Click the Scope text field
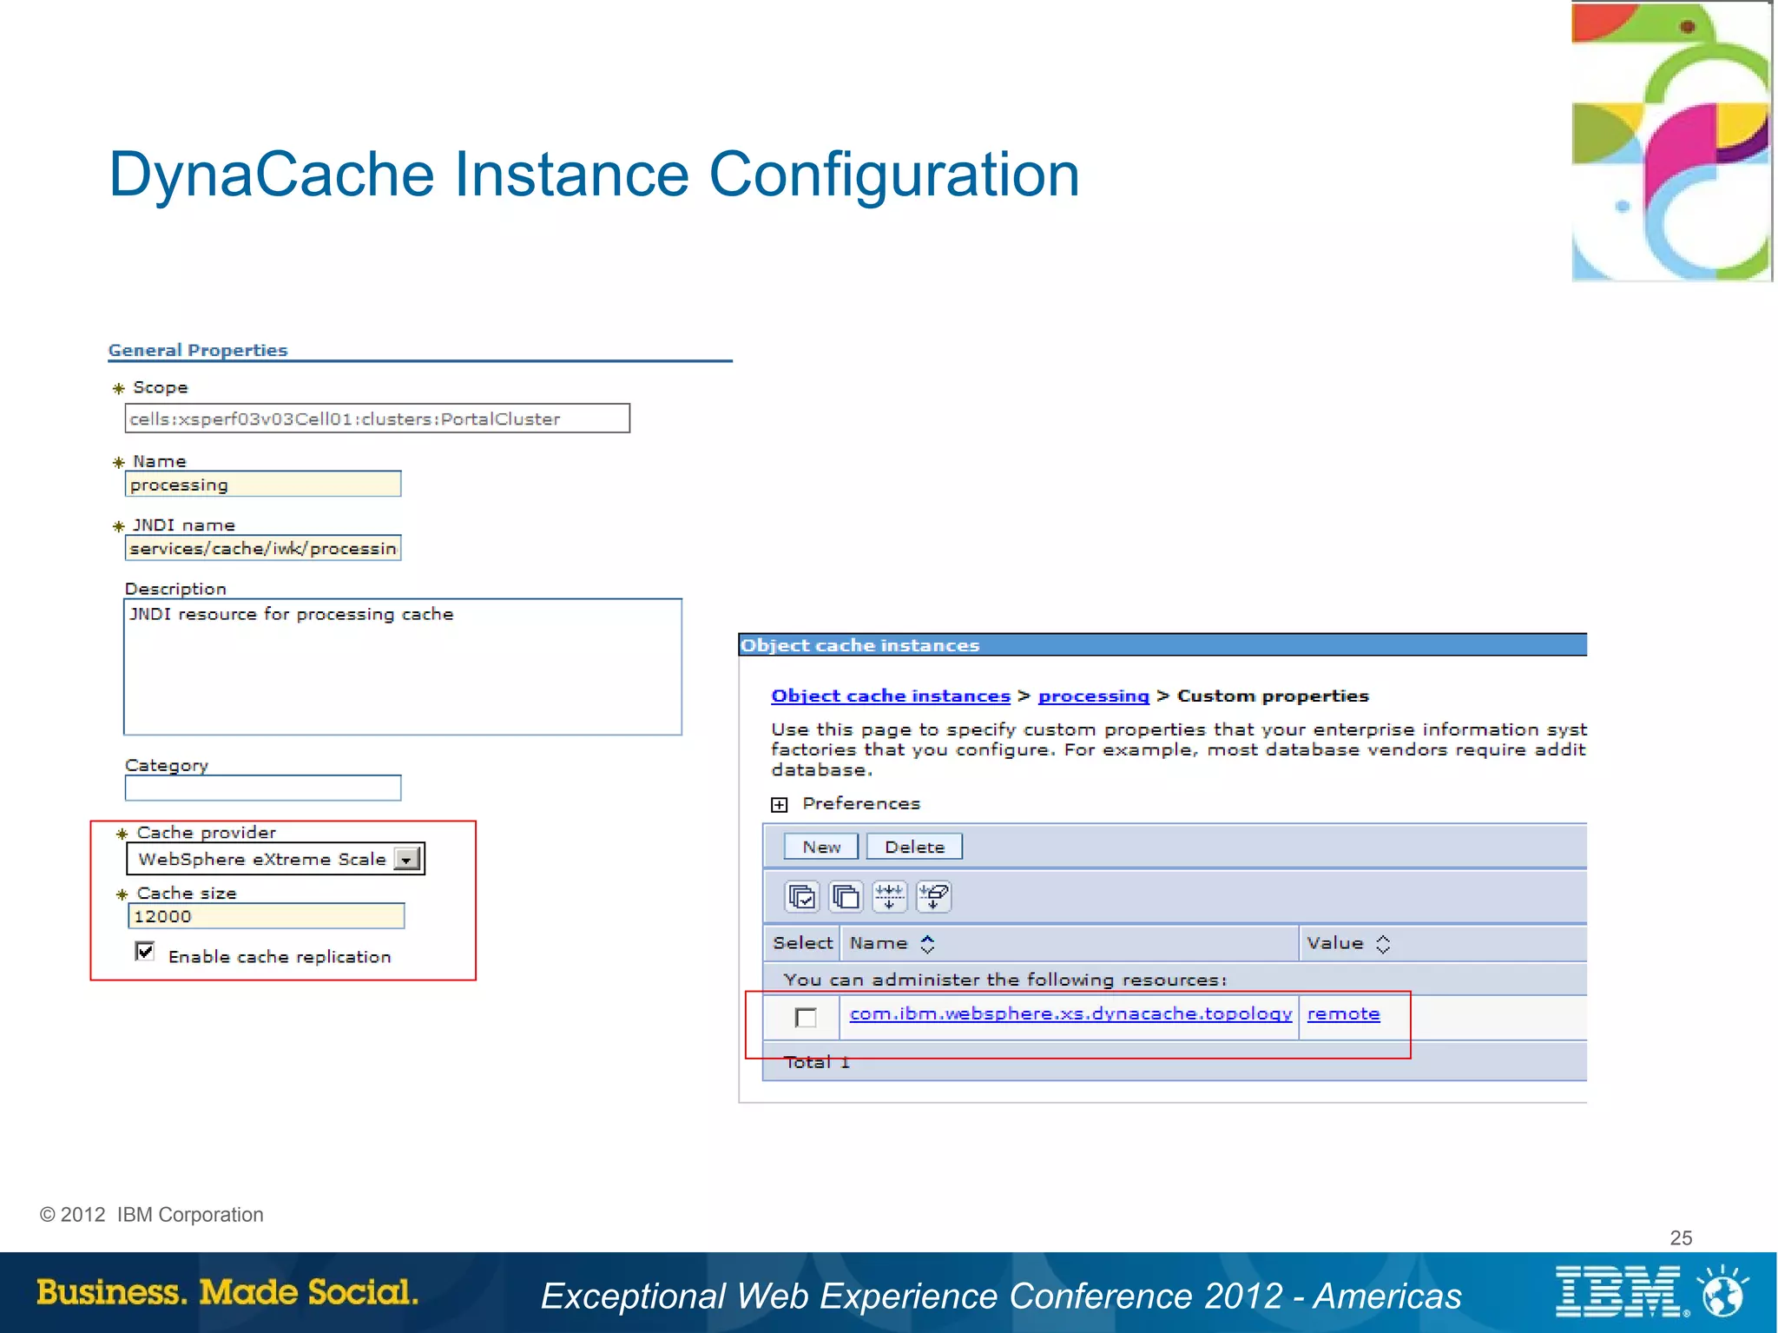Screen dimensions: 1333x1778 [377, 419]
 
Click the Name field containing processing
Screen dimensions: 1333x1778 [263, 485]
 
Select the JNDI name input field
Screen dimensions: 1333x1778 [263, 549]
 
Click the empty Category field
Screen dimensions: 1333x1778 [263, 789]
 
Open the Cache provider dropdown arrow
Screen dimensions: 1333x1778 [406, 860]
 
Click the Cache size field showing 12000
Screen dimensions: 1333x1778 [266, 916]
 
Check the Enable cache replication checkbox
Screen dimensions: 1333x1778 [145, 952]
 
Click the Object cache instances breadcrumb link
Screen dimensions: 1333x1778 [890, 696]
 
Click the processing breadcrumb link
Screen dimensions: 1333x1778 [1093, 696]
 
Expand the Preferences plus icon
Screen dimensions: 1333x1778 [780, 805]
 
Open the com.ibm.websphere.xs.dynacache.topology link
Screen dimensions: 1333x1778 [1070, 1014]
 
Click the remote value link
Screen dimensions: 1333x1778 [1343, 1014]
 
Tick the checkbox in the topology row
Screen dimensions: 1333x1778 [806, 1018]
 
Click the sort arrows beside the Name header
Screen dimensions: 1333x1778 [927, 944]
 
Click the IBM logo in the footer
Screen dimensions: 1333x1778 [1618, 1292]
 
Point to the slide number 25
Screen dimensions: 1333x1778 [1681, 1238]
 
